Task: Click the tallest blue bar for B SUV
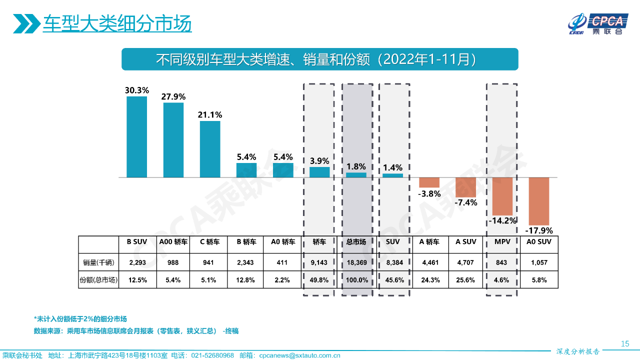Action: coord(136,137)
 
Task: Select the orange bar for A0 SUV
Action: coord(539,201)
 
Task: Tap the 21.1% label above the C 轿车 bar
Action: coord(210,114)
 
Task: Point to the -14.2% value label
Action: coord(502,220)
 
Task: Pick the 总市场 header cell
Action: coord(356,242)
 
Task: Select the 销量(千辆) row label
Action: coord(98,262)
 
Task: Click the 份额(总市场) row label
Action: coord(98,280)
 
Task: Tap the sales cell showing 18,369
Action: coord(356,262)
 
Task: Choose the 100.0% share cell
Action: coord(356,280)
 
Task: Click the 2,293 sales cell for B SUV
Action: coord(136,262)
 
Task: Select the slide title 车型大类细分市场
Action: coord(117,24)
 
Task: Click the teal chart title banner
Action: coord(320,59)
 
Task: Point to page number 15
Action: coord(624,343)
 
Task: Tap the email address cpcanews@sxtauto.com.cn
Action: coord(300,355)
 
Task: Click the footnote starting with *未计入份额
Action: coord(80,319)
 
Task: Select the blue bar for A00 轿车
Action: coord(173,140)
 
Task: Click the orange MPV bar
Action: coord(502,196)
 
